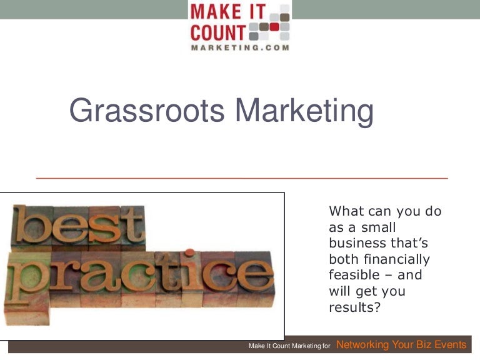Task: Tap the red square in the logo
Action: pyautogui.click(x=274, y=27)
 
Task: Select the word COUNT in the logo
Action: pyautogui.click(x=218, y=31)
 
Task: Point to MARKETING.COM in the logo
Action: pyautogui.click(x=240, y=47)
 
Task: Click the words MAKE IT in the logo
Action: pyautogui.click(x=228, y=12)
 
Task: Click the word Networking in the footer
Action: pyautogui.click(x=362, y=345)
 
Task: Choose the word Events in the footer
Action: pyautogui.click(x=450, y=345)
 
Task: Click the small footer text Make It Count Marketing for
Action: pyautogui.click(x=289, y=346)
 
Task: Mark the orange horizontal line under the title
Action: pyautogui.click(x=242, y=178)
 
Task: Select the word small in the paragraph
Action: pyautogui.click(x=378, y=227)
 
